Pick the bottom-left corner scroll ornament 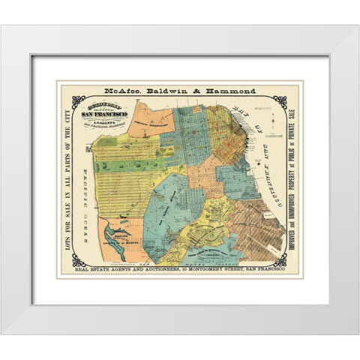pos(76,260)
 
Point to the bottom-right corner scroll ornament pos(281,260)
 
